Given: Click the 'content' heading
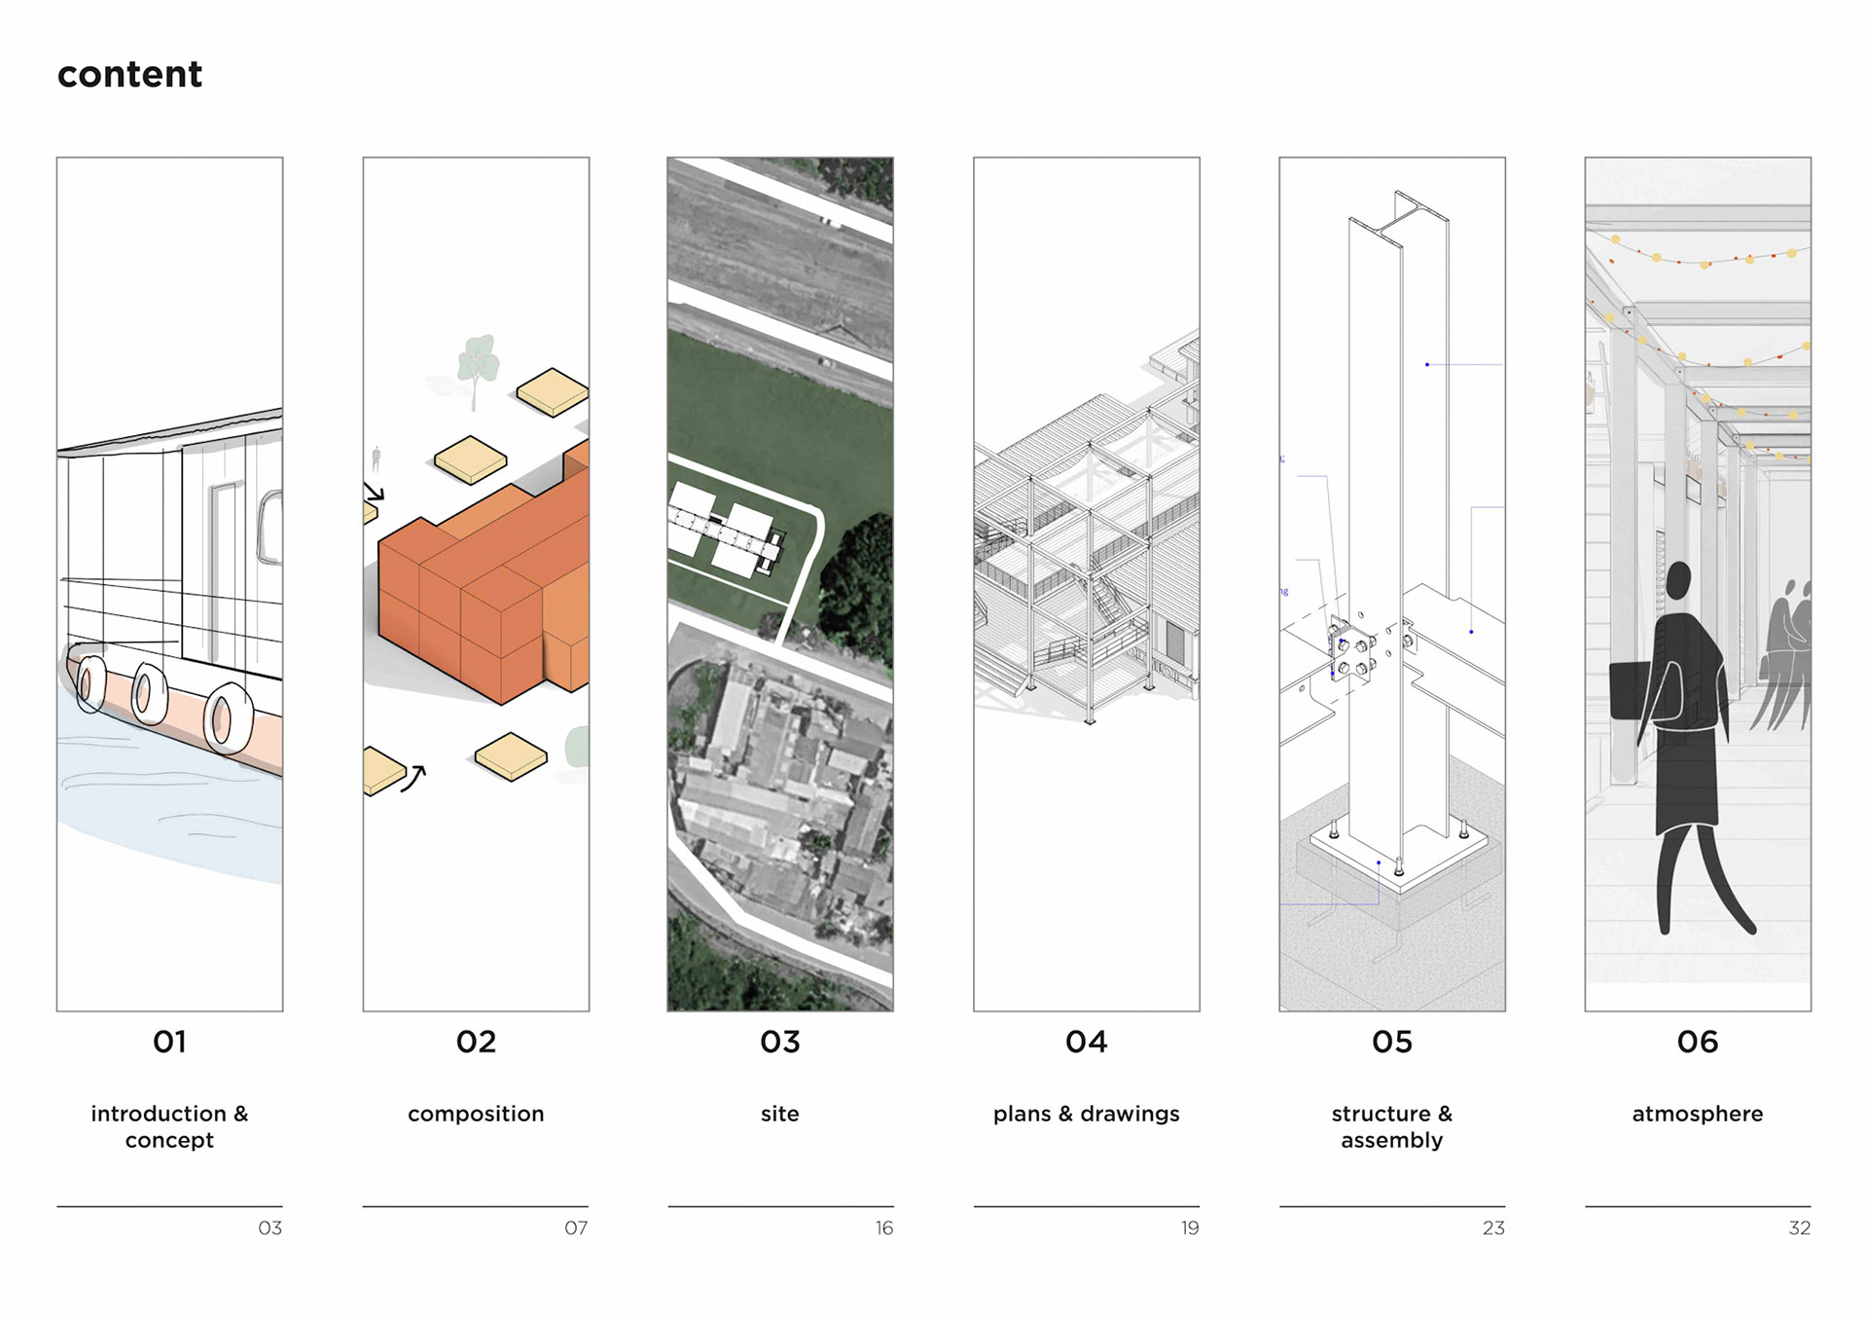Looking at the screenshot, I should click(x=129, y=75).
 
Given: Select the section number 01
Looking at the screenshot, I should click(x=169, y=1042).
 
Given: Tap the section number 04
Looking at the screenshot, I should click(x=1086, y=1042).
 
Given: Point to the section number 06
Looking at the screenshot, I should click(x=1697, y=1042).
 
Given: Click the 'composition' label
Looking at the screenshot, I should click(x=476, y=1114).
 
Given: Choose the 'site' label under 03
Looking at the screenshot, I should click(x=779, y=1114).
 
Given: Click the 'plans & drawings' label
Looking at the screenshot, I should click(x=1086, y=1114).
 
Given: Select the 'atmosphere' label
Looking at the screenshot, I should click(x=1697, y=1114).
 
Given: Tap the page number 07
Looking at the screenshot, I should click(x=576, y=1229).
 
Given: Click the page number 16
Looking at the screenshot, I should click(x=883, y=1229).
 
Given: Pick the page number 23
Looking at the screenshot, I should click(x=1493, y=1229).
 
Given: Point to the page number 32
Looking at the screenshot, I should click(x=1799, y=1229).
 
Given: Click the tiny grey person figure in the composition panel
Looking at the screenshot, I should click(x=377, y=458).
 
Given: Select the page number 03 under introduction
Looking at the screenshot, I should click(x=269, y=1229).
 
